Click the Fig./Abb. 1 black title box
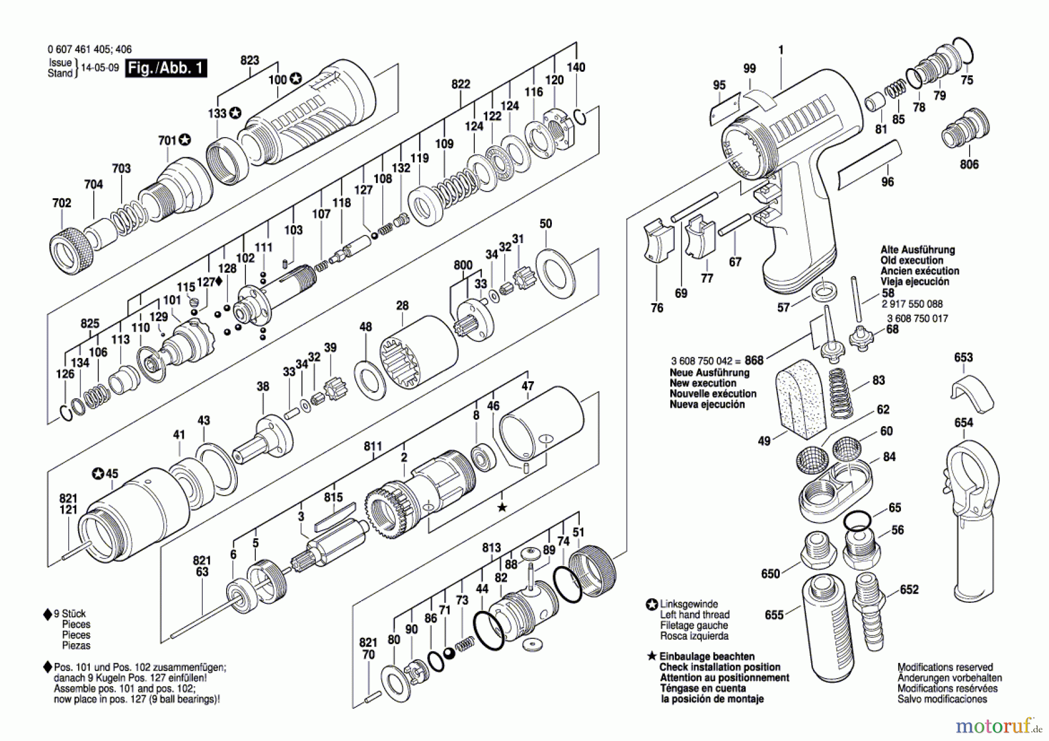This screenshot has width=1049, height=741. tap(166, 68)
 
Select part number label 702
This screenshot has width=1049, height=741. tap(62, 203)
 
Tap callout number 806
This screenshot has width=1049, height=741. tap(969, 164)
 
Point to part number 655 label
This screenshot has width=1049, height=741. tap(774, 614)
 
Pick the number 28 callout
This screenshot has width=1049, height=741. tap(402, 305)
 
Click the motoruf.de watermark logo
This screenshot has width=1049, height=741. tap(998, 726)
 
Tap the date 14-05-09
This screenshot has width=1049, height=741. tap(100, 68)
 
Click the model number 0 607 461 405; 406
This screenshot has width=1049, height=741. tap(90, 50)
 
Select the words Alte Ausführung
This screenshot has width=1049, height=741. tap(918, 250)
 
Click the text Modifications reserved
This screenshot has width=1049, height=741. tap(945, 667)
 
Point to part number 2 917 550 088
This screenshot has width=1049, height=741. tap(912, 304)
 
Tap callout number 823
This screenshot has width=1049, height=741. tap(249, 60)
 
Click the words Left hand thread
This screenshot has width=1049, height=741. tap(695, 614)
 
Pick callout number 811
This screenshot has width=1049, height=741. tap(373, 446)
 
